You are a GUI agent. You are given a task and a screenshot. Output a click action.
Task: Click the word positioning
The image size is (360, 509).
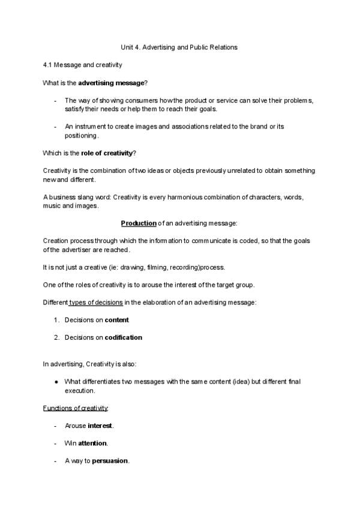click(x=80, y=136)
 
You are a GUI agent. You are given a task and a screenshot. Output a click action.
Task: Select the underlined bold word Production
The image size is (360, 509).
click(x=139, y=223)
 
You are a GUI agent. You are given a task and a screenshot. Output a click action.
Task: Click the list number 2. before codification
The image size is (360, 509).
click(x=56, y=337)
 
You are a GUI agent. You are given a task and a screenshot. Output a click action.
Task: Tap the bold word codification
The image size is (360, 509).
click(x=124, y=337)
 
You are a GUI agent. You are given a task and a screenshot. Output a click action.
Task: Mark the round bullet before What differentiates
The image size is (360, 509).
click(x=56, y=381)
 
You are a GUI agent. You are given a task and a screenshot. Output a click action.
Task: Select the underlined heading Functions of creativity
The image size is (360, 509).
click(x=76, y=408)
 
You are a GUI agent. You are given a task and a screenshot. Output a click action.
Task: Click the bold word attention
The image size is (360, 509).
click(x=93, y=443)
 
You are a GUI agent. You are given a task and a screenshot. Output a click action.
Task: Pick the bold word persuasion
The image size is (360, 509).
click(x=110, y=461)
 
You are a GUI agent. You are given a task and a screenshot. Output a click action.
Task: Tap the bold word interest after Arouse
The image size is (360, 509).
click(x=100, y=426)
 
